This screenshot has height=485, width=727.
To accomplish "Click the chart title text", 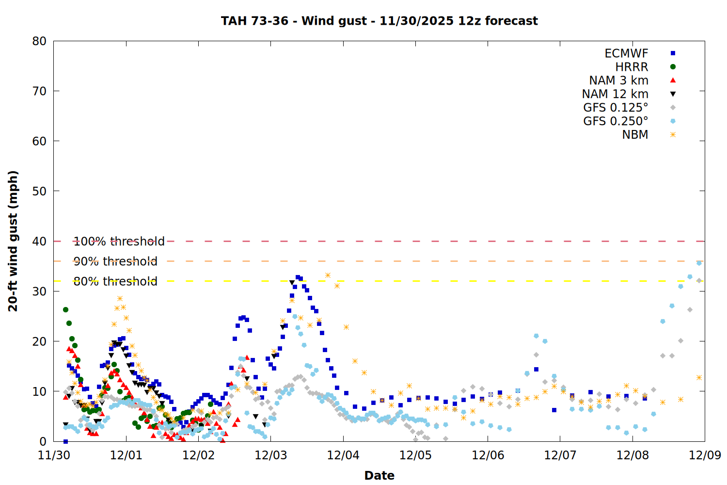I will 379,21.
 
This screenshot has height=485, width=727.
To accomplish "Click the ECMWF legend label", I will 626,53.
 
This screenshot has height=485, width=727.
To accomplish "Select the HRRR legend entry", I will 632,67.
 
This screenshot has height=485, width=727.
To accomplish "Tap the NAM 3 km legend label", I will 618,81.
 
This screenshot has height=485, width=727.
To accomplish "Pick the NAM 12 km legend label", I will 615,94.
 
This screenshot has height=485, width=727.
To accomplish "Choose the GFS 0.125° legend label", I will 616,108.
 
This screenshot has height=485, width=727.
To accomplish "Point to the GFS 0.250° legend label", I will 616,121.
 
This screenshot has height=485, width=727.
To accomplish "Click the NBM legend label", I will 635,135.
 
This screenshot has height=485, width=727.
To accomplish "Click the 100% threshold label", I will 119,242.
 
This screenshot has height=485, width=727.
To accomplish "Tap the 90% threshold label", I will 115,261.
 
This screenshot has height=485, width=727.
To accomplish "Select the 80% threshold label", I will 115,281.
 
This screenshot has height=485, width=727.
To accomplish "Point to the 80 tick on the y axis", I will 39,41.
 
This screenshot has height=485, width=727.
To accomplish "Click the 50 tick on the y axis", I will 39,191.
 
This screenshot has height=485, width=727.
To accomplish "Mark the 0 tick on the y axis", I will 43,441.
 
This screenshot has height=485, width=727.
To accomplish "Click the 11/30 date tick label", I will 54,455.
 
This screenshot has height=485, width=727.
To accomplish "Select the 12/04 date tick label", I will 343,455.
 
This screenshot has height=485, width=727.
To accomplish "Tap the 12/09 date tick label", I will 705,455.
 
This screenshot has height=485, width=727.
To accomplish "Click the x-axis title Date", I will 379,475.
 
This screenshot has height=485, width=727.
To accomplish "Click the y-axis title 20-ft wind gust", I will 13,241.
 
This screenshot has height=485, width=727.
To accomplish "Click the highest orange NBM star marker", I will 328,275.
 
